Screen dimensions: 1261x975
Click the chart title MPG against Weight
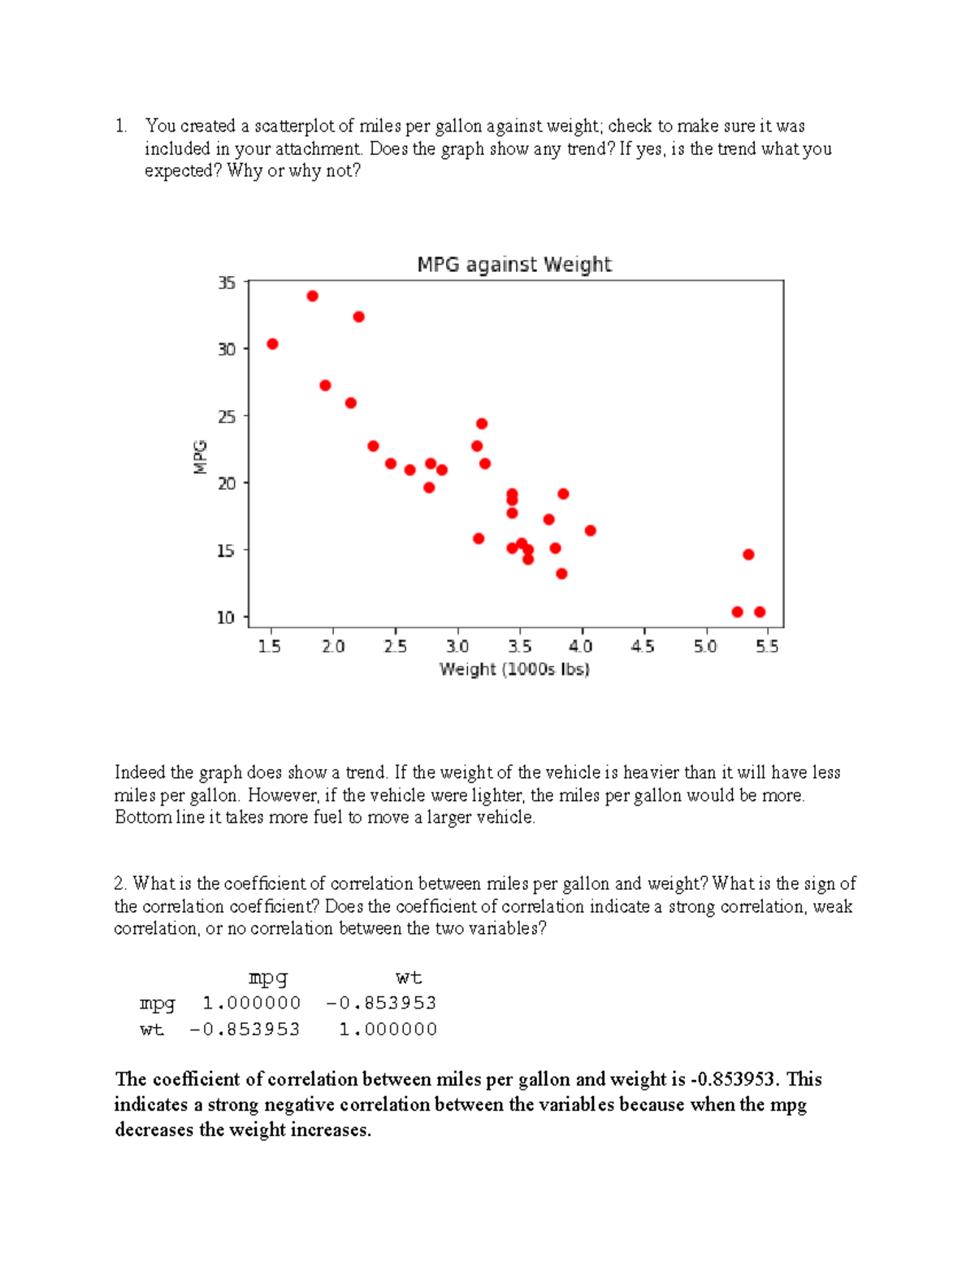(x=513, y=265)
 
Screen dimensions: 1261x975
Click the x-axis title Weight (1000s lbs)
(x=514, y=669)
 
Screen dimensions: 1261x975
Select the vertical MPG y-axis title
(x=200, y=456)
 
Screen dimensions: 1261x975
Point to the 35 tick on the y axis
(x=226, y=283)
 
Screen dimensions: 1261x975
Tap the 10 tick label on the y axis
(x=226, y=618)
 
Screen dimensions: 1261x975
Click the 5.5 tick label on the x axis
(x=767, y=646)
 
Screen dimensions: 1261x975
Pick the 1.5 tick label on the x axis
(x=269, y=646)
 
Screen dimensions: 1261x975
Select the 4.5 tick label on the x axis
(x=643, y=646)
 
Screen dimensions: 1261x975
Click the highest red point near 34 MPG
(x=312, y=296)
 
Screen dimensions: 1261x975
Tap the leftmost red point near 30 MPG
(x=272, y=344)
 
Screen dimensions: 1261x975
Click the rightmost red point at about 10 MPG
(x=760, y=612)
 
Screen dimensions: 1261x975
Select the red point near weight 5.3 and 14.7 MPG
(x=748, y=555)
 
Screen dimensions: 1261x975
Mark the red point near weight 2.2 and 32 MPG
(x=358, y=317)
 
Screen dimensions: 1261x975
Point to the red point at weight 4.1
(x=590, y=531)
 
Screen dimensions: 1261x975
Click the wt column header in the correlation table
(x=408, y=978)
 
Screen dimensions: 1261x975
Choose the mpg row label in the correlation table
(x=157, y=1004)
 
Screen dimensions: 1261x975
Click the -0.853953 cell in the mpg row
(x=381, y=1004)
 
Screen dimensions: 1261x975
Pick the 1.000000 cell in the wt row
(x=388, y=1030)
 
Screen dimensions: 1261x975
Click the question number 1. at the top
(x=121, y=126)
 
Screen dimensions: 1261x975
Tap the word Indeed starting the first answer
(x=140, y=772)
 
